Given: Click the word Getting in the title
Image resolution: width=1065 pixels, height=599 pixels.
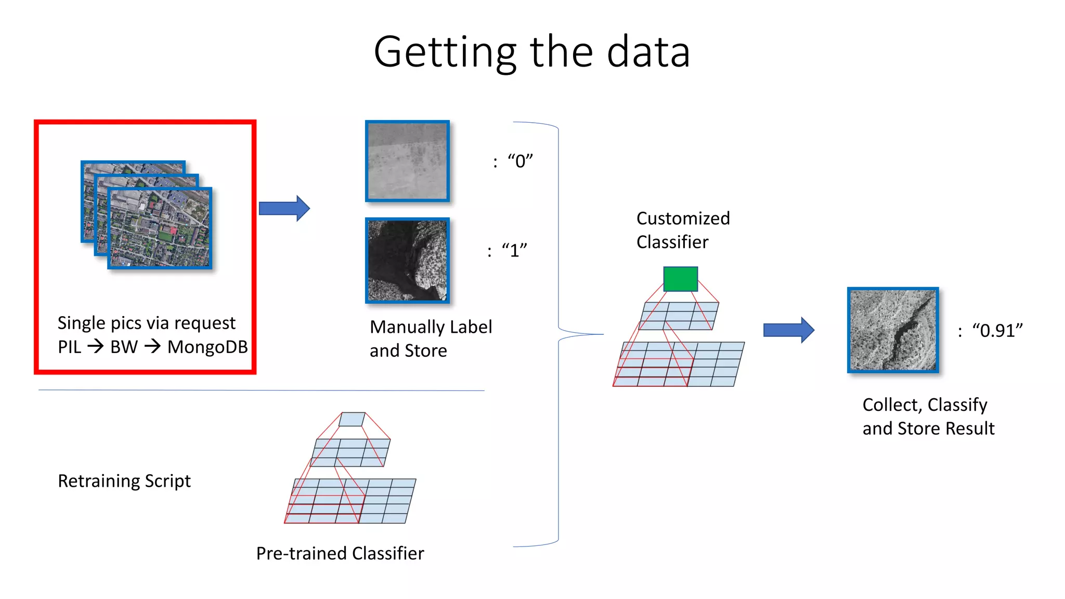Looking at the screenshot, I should point(445,52).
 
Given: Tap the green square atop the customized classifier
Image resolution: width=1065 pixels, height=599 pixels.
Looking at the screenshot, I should point(680,279).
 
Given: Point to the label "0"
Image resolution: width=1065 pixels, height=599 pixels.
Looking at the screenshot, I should point(520,161).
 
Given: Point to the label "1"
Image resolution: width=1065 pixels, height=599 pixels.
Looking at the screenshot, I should point(514,251).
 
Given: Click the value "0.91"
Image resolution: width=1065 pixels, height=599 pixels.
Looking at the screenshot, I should point(997,331).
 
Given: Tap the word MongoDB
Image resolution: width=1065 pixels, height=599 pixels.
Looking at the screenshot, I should point(207,347).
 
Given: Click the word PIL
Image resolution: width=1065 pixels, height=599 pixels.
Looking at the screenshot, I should point(69,347).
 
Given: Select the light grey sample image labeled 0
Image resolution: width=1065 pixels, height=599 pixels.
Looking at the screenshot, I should point(407,161).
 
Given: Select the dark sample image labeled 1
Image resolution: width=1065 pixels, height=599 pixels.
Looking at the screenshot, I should point(407,261).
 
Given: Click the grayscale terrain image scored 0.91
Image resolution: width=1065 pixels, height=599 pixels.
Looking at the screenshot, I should point(892,330).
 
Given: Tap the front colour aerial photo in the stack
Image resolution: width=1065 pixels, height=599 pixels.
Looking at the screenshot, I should point(160,228).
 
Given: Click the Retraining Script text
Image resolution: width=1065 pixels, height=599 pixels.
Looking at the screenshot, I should point(124,481).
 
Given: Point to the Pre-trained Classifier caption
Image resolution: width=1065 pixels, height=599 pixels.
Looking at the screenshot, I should point(340,553).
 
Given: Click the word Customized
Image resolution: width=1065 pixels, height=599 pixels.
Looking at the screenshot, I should point(683,218).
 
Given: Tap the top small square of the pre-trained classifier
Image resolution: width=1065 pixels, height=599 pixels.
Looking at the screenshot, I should point(352,419).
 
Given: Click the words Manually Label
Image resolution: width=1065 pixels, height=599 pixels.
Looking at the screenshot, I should point(431,327).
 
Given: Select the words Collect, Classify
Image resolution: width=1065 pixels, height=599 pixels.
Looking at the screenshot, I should point(925,405).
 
